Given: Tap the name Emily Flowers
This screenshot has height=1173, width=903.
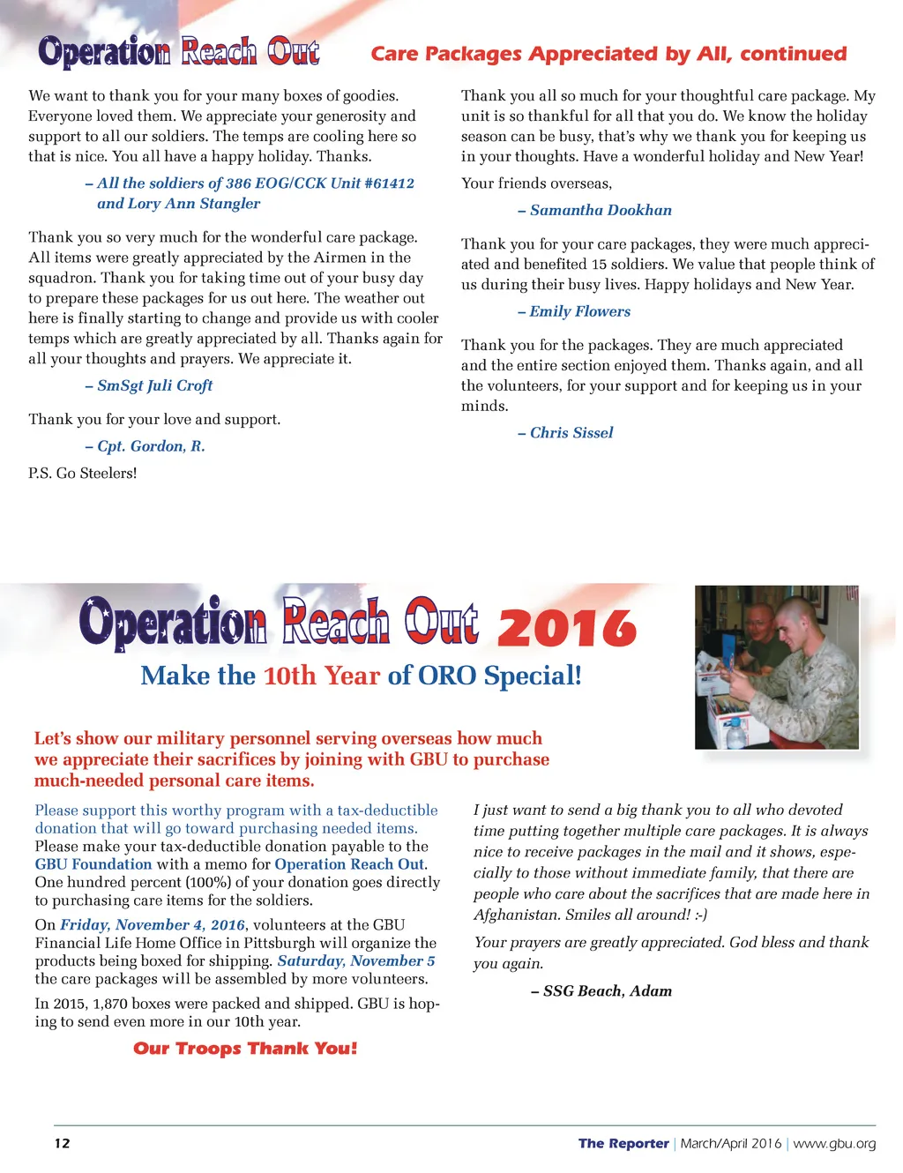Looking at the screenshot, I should click(579, 312).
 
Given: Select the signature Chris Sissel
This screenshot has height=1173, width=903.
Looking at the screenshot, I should click(571, 433).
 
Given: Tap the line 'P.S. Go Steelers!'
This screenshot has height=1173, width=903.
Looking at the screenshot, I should click(83, 474).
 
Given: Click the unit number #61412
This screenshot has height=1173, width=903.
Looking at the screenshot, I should click(390, 183).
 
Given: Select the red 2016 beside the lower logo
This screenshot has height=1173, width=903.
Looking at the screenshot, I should click(567, 628).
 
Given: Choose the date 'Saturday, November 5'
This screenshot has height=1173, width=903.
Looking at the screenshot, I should click(356, 961).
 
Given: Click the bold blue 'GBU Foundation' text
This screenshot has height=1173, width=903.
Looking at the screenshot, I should click(93, 865).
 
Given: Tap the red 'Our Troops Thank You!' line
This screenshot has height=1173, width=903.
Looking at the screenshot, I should click(245, 1049).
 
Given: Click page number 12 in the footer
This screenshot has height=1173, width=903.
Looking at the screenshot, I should click(62, 1144).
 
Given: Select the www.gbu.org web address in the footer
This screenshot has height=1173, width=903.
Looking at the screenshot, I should click(834, 1144).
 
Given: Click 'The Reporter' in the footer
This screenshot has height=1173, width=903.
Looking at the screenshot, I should click(623, 1144).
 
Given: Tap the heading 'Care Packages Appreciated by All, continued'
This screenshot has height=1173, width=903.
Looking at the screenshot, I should click(608, 55).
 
